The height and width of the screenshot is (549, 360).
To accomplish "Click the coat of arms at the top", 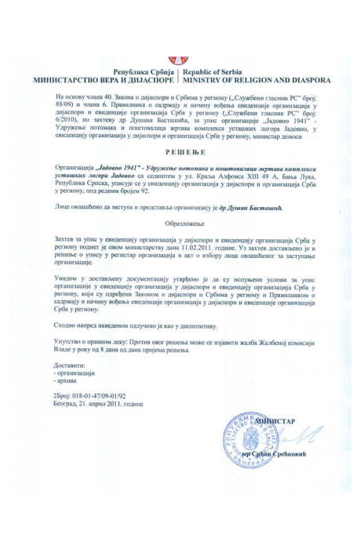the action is coord(180,60).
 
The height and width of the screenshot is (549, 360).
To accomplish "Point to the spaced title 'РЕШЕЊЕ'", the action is coord(180,155).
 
